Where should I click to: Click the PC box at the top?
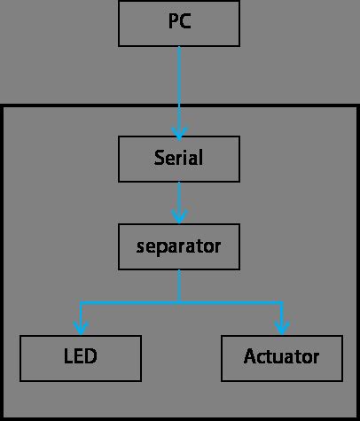(x=179, y=24)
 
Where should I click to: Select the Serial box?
(x=179, y=159)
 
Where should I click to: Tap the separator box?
(x=179, y=246)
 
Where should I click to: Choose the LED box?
(x=81, y=357)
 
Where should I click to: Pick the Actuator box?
(x=281, y=357)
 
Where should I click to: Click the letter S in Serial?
(x=160, y=159)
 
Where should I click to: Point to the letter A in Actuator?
(x=250, y=357)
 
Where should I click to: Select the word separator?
(x=179, y=246)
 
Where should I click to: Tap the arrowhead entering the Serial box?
(x=179, y=133)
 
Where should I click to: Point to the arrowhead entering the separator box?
(x=179, y=220)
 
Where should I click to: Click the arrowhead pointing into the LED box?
(x=81, y=331)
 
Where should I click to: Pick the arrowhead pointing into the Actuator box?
(x=281, y=331)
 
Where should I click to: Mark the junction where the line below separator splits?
(x=179, y=303)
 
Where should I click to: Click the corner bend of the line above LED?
(x=81, y=303)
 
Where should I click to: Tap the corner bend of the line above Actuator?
(x=281, y=303)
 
